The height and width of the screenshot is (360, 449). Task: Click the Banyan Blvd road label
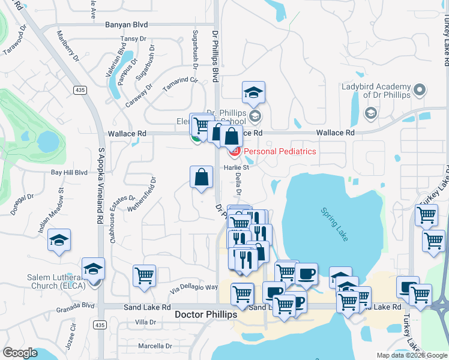[126, 25]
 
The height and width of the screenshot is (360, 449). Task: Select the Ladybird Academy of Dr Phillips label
[376, 91]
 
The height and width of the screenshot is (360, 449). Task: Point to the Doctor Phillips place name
[205, 314]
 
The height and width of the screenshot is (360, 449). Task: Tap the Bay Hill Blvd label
[69, 172]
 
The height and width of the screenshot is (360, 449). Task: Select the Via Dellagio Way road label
[193, 287]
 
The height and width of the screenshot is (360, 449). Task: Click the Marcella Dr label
[155, 346]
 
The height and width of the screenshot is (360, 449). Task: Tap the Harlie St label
[237, 167]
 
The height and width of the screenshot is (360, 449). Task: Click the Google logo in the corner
[20, 353]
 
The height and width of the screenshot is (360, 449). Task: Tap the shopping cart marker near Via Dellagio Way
[145, 276]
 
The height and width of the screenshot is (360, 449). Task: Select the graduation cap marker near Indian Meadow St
[59, 240]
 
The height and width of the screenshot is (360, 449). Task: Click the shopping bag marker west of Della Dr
[201, 177]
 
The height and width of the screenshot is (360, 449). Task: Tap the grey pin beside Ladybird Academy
[420, 91]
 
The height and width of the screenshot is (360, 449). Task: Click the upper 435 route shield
[79, 90]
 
